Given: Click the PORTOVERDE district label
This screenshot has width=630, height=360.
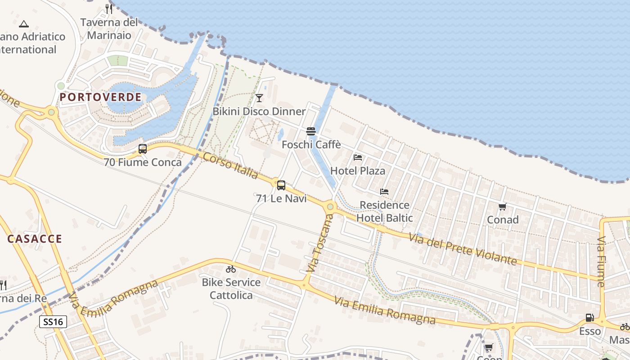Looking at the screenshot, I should click(x=100, y=97).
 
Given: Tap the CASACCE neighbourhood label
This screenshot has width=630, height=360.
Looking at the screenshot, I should click(x=35, y=238).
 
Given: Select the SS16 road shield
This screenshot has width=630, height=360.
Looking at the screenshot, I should click(x=53, y=322).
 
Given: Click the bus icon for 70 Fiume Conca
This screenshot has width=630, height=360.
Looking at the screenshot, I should click(x=143, y=149).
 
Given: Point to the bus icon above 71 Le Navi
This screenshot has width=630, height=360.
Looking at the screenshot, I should click(x=281, y=185).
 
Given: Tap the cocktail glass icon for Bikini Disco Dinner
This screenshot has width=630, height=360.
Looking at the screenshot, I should click(x=259, y=98).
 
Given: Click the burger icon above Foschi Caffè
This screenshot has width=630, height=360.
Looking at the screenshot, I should click(x=311, y=131).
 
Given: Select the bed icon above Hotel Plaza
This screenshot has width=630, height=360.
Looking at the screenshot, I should click(x=358, y=157).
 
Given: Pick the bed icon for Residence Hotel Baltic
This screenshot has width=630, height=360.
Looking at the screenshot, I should click(x=384, y=192).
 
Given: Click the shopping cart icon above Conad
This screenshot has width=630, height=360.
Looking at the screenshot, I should click(x=503, y=207).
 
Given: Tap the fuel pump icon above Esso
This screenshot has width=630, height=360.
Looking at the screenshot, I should click(x=589, y=318).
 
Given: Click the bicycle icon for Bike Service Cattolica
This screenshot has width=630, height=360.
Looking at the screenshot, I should click(x=231, y=269).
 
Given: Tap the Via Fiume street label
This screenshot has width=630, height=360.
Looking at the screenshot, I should click(x=601, y=261).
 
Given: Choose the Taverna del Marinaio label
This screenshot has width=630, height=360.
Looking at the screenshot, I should click(x=109, y=28).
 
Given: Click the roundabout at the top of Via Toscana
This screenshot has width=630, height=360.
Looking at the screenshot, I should click(x=330, y=207).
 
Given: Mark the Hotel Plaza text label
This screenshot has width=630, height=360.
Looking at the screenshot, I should click(x=358, y=171).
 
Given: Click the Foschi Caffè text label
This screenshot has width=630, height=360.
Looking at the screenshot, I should click(x=311, y=145).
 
